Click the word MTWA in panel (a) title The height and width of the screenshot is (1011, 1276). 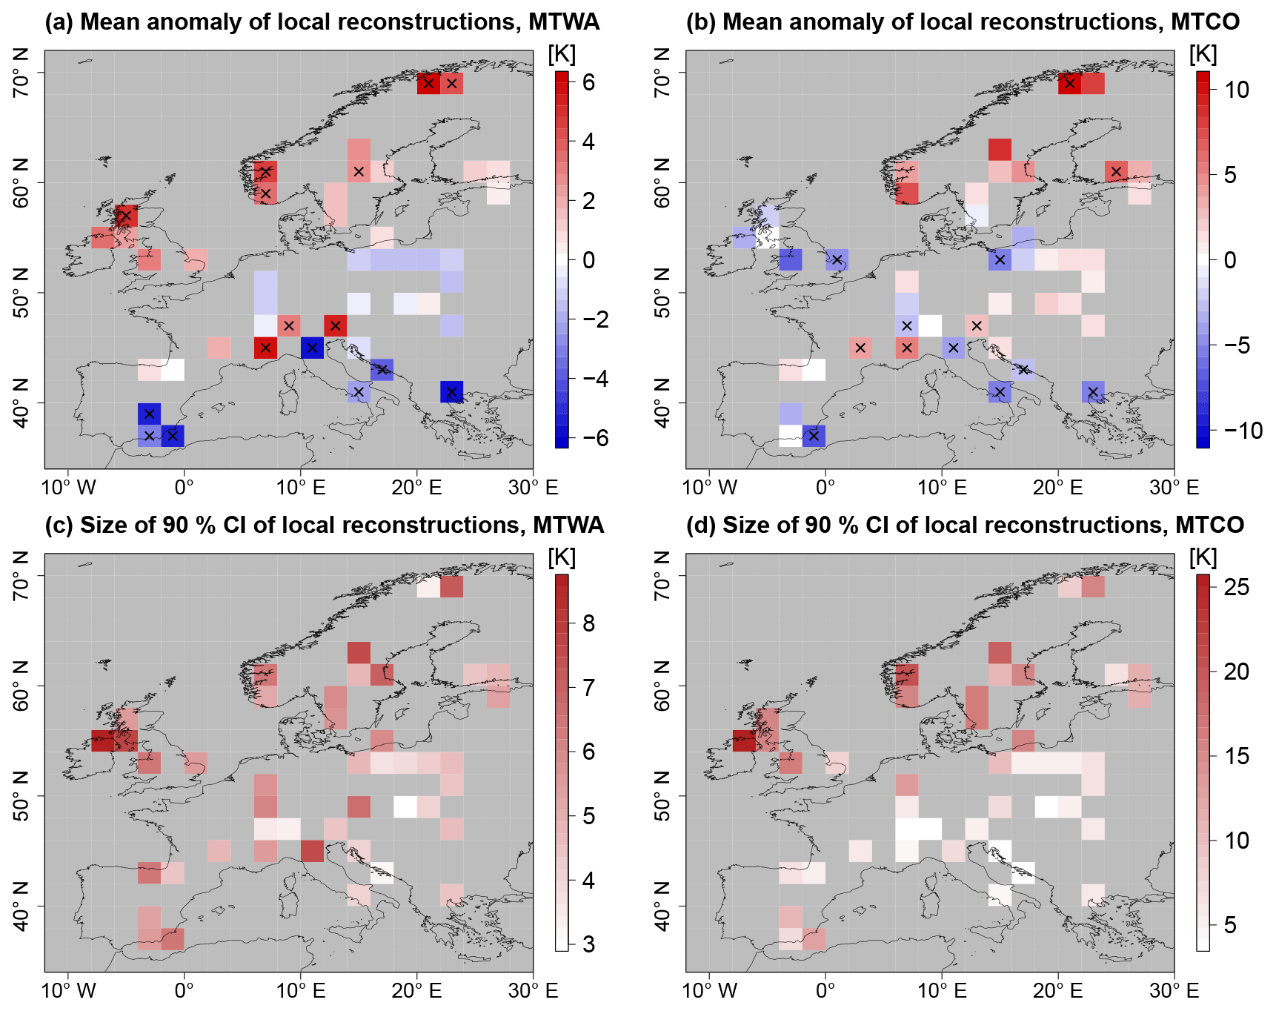(564, 21)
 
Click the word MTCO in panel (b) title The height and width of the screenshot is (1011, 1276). (1205, 21)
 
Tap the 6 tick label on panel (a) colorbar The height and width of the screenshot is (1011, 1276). (588, 82)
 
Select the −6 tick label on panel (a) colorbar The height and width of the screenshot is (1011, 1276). (590, 438)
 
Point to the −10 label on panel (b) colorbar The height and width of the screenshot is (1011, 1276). (1238, 431)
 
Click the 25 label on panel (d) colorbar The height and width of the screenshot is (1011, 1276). (1236, 587)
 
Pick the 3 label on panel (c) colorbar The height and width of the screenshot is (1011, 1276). (588, 944)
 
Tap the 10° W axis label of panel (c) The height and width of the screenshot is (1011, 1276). (68, 990)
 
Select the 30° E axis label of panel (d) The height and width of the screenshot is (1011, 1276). (1174, 990)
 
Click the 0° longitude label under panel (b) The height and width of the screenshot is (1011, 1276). (825, 487)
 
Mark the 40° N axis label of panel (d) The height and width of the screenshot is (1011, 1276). (662, 906)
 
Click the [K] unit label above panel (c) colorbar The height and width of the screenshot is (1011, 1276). (562, 557)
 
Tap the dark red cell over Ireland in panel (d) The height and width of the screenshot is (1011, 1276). (744, 741)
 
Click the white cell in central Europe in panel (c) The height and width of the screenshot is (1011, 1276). (405, 806)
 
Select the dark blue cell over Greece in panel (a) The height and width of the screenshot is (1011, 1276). (451, 391)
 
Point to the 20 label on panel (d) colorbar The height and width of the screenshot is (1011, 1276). (1236, 672)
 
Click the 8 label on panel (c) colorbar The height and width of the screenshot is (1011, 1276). (588, 623)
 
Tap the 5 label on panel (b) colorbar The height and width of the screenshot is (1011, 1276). (1230, 175)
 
